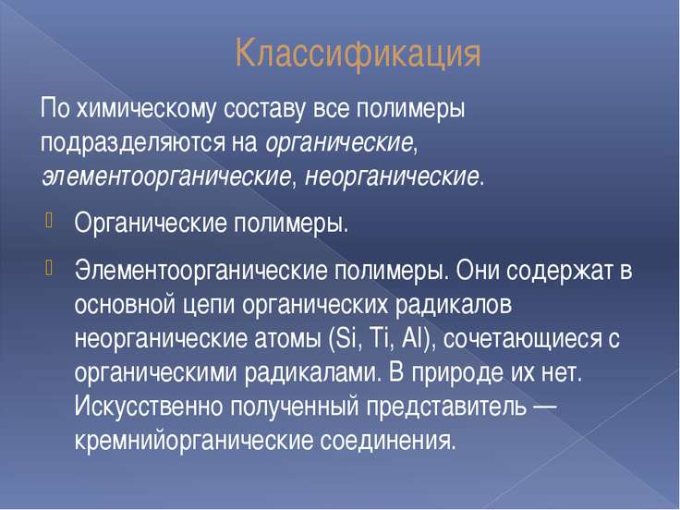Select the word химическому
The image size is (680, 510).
coord(146,109)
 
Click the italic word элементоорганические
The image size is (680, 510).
coord(166,177)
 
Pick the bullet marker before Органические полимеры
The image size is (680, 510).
coord(48,220)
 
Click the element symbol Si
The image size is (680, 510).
coord(346,338)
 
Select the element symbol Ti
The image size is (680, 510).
coord(381,338)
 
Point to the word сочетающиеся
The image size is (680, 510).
coord(524,339)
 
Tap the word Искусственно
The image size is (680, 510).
coord(148,407)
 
